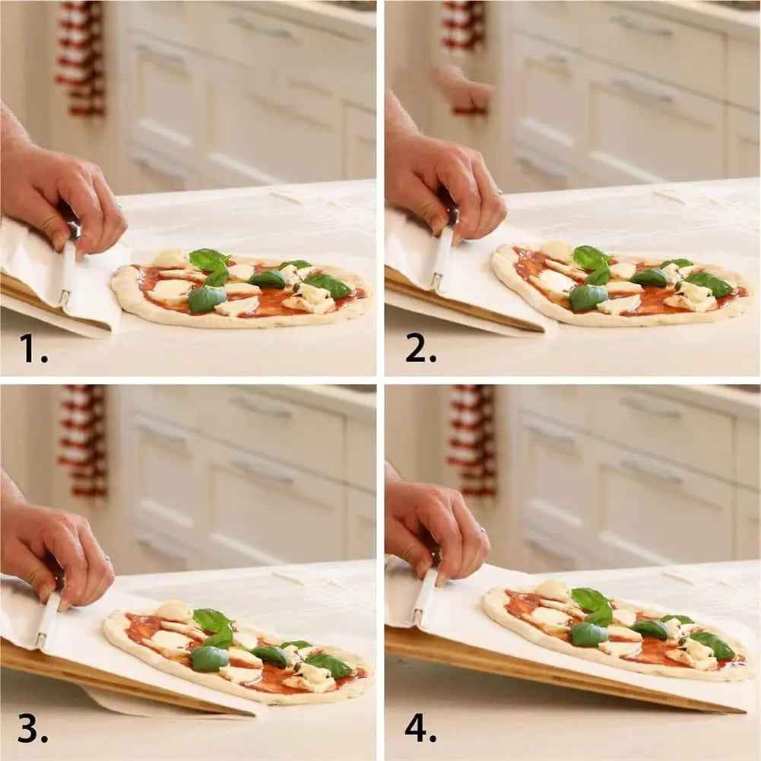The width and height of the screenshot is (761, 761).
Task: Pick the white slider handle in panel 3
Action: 48,620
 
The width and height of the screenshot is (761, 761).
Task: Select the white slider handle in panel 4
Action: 424,597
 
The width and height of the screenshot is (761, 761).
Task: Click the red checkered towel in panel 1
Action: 80,57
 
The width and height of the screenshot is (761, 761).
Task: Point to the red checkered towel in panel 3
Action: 84,441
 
